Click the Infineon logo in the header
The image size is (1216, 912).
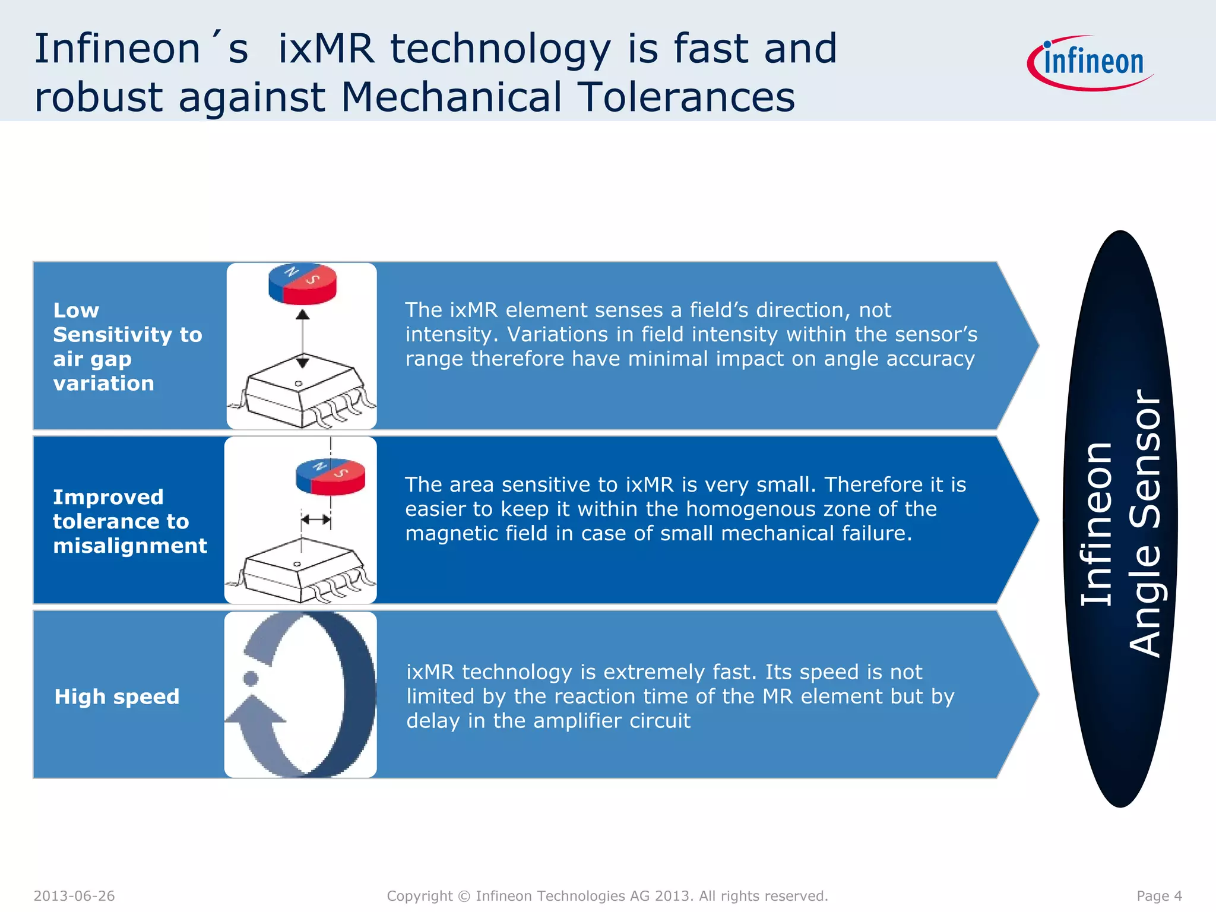pyautogui.click(x=1091, y=63)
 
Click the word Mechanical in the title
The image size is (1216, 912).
pyautogui.click(x=451, y=97)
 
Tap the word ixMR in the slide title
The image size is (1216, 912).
pyautogui.click(x=327, y=49)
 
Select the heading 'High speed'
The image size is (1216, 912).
pyautogui.click(x=117, y=696)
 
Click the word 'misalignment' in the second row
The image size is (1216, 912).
pyautogui.click(x=130, y=545)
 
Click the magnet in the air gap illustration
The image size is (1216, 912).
pyautogui.click(x=302, y=283)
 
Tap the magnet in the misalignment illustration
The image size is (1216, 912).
pyautogui.click(x=330, y=476)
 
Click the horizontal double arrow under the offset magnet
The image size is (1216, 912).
pyautogui.click(x=316, y=520)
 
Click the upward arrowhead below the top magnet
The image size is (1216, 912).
pyautogui.click(x=303, y=315)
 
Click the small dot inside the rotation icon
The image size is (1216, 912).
pyautogui.click(x=251, y=678)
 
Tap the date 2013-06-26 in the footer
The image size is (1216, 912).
pyautogui.click(x=74, y=896)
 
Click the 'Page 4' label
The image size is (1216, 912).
pyautogui.click(x=1159, y=896)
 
